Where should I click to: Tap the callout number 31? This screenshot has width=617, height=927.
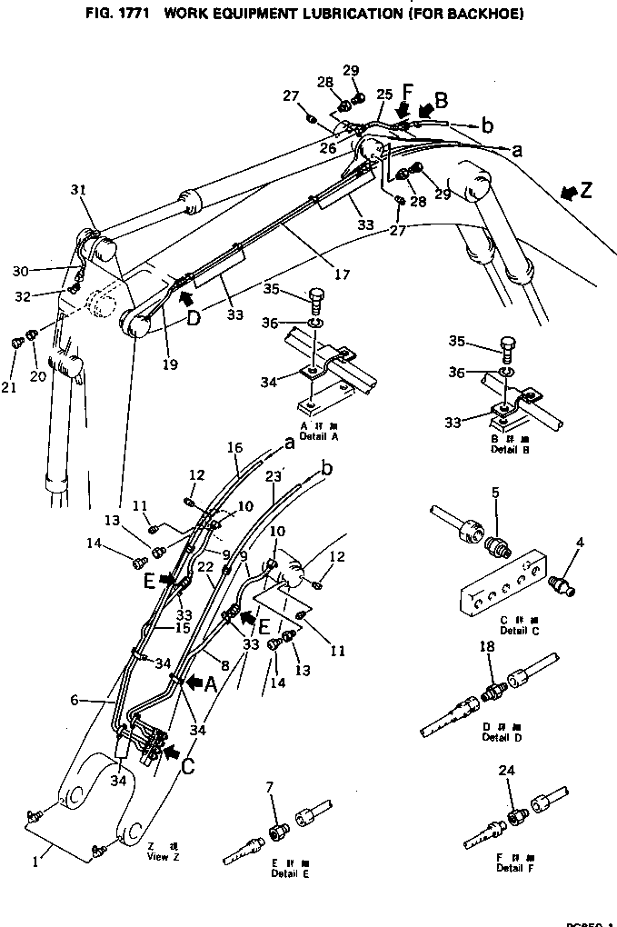pyautogui.click(x=78, y=189)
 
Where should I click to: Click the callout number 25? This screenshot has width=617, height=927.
pyautogui.click(x=383, y=95)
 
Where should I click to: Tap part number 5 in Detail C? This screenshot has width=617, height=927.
pyautogui.click(x=496, y=493)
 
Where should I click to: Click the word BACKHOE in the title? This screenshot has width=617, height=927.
pyautogui.click(x=478, y=15)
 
